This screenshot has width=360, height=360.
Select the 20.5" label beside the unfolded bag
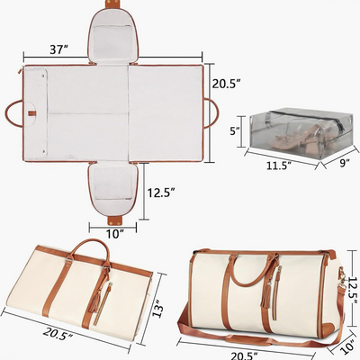point(224,84)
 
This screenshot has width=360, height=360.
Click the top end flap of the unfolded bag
point(114,32)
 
